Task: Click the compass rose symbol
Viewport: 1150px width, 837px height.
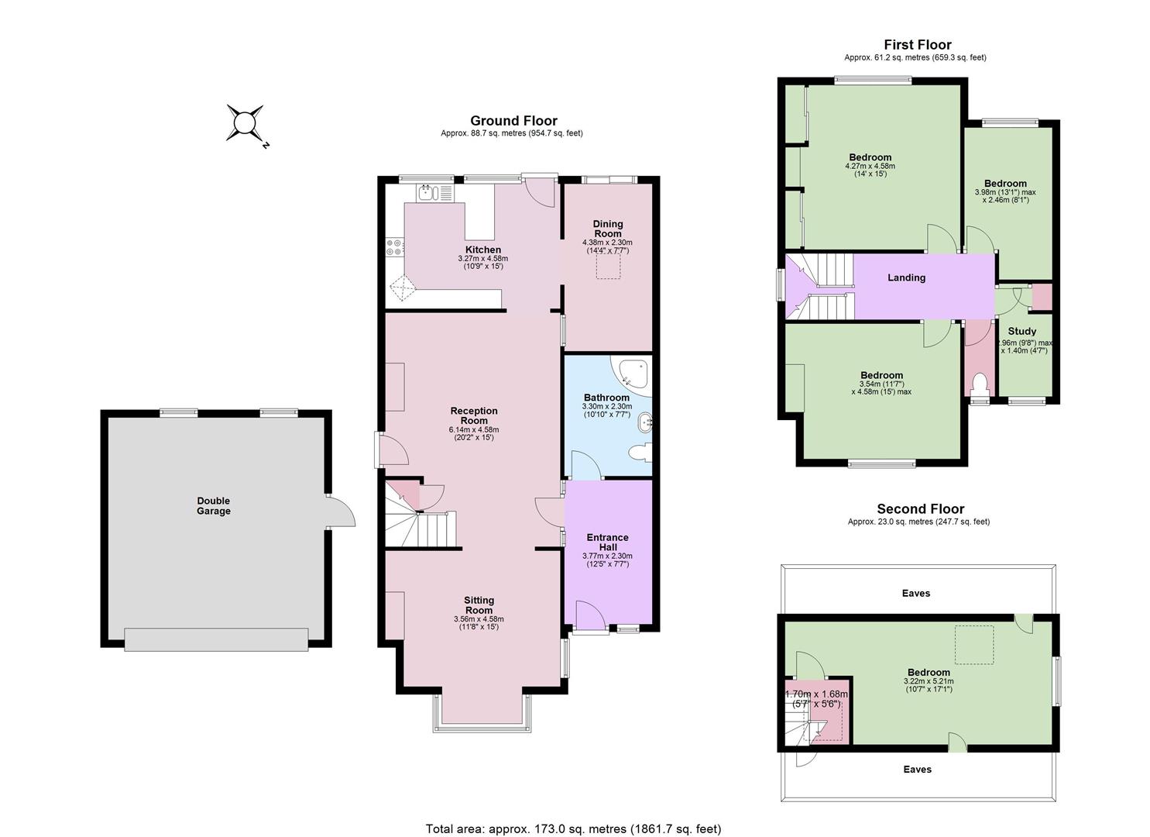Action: click(x=245, y=123)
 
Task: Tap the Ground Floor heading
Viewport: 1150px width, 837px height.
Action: click(x=513, y=121)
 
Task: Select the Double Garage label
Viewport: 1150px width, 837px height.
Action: click(x=214, y=505)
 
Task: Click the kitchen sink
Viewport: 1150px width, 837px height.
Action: click(x=427, y=193)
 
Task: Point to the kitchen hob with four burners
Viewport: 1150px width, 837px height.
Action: click(x=395, y=246)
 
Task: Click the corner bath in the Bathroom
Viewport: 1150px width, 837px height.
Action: click(x=632, y=374)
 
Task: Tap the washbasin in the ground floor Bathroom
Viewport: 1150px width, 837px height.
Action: click(x=645, y=424)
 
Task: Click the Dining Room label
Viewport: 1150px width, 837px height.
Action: click(x=608, y=229)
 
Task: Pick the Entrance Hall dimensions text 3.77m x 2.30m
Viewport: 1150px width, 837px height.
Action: click(x=607, y=556)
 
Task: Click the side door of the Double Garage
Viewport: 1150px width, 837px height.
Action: click(x=341, y=511)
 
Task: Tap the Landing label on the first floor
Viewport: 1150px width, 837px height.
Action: click(x=906, y=277)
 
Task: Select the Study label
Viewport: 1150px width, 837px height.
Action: click(x=1021, y=332)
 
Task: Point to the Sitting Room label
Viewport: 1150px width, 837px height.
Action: click(x=479, y=605)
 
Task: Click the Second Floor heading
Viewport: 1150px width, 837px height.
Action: click(x=921, y=508)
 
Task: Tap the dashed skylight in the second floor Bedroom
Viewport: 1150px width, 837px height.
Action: click(x=974, y=645)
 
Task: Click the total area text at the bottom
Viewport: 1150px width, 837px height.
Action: click(x=574, y=815)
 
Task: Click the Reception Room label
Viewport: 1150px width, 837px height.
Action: click(x=474, y=415)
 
